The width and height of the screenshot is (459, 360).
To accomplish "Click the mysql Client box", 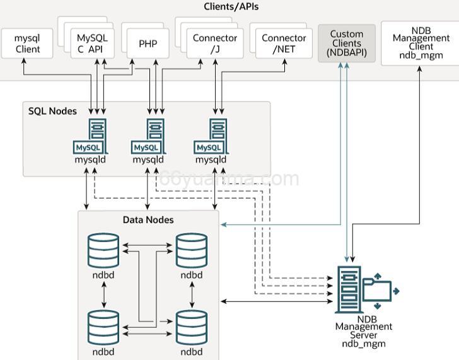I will tap(27, 44).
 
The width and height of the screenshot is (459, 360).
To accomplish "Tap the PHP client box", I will tap(148, 44).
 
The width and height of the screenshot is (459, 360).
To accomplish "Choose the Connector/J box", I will tap(215, 44).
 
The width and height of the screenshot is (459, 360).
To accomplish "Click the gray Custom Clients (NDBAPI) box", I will tap(347, 44).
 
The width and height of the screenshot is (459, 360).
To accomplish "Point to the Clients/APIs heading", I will tap(231, 7).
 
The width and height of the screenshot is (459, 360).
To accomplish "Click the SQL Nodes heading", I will tap(52, 111).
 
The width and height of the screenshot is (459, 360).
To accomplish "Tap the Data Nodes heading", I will tap(148, 220).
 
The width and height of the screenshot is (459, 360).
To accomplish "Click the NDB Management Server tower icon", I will tap(349, 289).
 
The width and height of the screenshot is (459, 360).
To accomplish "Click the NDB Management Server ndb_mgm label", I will tap(363, 331).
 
